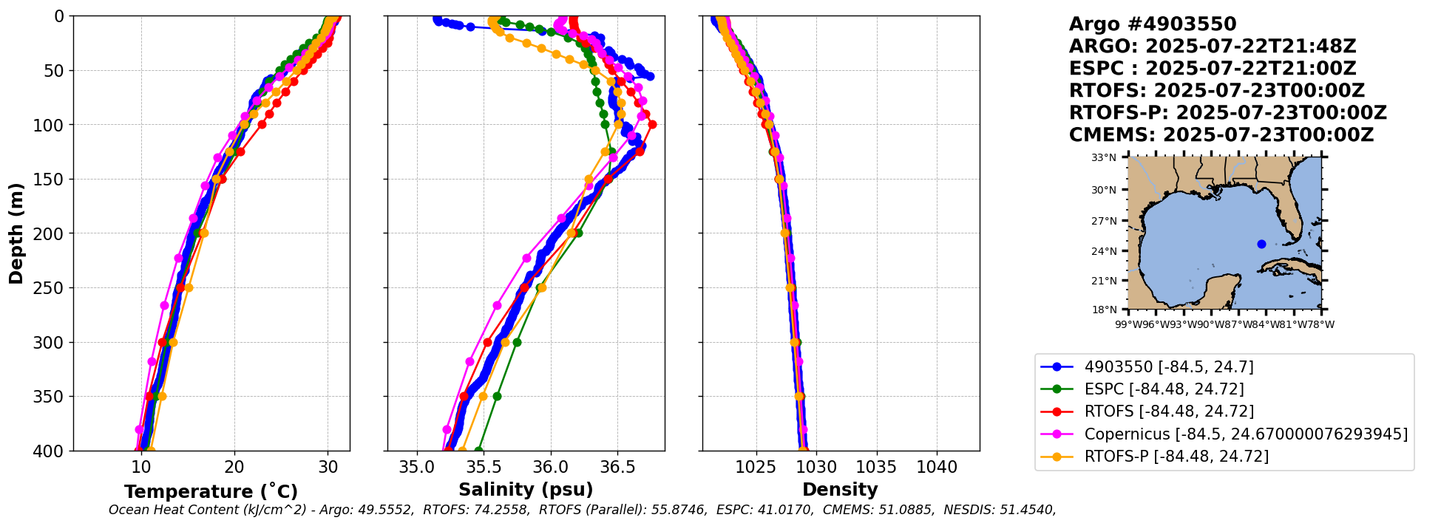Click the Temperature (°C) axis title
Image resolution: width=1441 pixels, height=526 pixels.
[211, 492]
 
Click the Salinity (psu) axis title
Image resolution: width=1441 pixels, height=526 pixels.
[526, 490]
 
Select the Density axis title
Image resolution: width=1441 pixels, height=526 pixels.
[840, 490]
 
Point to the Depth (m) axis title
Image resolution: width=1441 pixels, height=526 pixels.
[16, 233]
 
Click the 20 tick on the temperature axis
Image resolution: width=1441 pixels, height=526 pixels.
[234, 468]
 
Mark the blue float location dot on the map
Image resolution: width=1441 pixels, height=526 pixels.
[1261, 244]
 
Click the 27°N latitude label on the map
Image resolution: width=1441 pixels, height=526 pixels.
[1104, 221]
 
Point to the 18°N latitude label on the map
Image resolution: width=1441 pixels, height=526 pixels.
[1104, 310]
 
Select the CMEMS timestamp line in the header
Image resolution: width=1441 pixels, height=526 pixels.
[1221, 135]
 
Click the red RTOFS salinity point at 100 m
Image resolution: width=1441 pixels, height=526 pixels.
[652, 124]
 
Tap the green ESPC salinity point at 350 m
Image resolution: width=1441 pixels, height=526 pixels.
[497, 396]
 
